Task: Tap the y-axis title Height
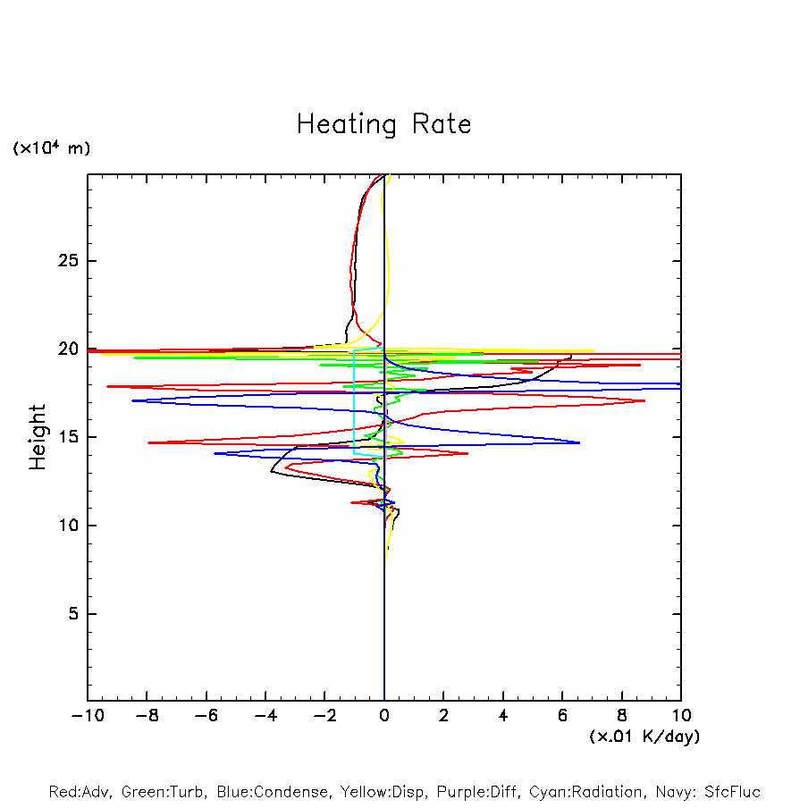[x=38, y=437]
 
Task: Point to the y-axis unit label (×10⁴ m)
[x=51, y=148]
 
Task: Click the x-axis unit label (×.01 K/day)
[x=644, y=736]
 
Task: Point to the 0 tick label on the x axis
[x=384, y=716]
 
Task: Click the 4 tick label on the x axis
[x=503, y=716]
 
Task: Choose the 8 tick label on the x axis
[x=622, y=716]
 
